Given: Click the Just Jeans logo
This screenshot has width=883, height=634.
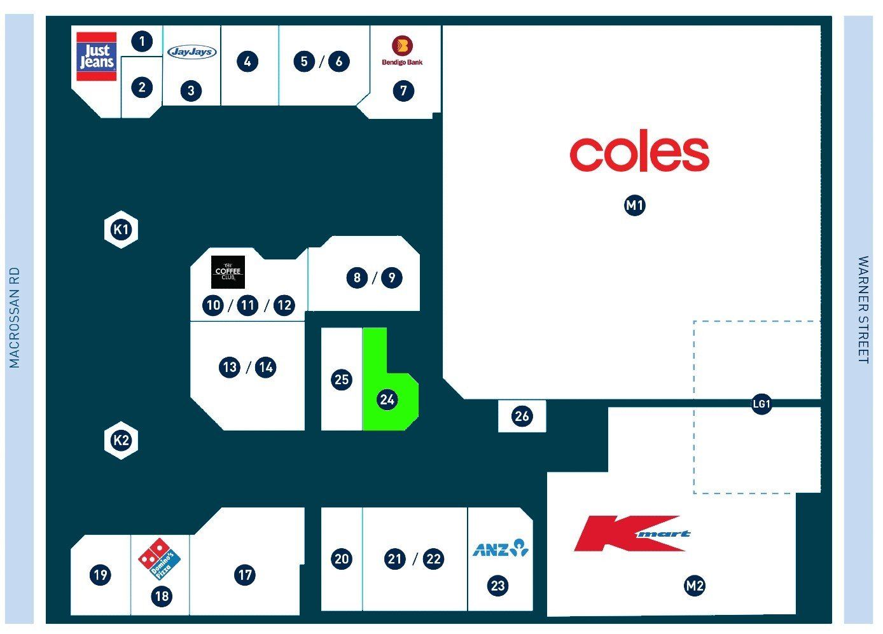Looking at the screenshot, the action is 96,57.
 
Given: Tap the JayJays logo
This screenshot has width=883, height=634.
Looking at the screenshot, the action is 192,52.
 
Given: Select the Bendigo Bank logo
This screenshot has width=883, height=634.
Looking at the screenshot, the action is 402,51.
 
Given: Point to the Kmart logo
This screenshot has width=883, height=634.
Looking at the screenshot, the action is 632,533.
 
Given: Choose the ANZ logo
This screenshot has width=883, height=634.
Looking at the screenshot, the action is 501,548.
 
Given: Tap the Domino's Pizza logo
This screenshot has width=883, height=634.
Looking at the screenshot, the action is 159,559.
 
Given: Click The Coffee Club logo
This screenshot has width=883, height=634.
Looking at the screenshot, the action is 228,272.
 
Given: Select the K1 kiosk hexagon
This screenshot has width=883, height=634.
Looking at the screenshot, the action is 121,230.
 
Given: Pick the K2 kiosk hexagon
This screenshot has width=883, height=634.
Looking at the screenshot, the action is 121,440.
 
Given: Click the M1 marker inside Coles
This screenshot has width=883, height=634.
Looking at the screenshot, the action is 635,205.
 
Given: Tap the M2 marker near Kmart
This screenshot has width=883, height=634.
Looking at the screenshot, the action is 695,586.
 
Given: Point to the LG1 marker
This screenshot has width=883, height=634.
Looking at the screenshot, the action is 761,404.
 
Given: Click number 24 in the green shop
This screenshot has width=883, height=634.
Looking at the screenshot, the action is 387,399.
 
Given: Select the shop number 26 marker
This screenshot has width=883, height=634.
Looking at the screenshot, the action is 522,416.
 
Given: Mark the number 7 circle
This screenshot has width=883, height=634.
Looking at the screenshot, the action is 403,91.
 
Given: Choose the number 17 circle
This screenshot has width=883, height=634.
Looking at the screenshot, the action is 245,574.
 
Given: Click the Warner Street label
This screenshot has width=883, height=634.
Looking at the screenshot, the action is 863,310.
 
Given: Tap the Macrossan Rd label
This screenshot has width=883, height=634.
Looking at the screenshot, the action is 14,317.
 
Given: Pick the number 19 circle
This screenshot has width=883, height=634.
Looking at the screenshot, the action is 100,574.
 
